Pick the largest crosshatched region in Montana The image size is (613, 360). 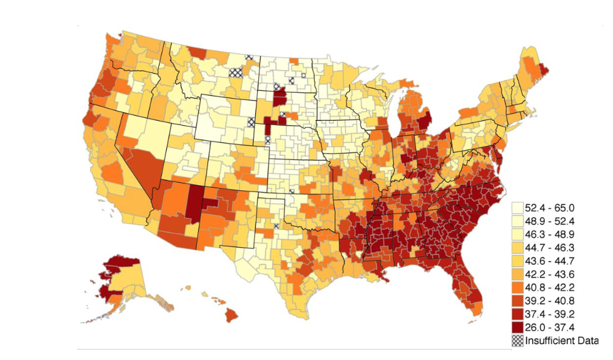(x=235, y=71)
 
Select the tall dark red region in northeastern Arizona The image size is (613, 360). (x=195, y=202)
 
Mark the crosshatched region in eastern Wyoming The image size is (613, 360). (x=251, y=121)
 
